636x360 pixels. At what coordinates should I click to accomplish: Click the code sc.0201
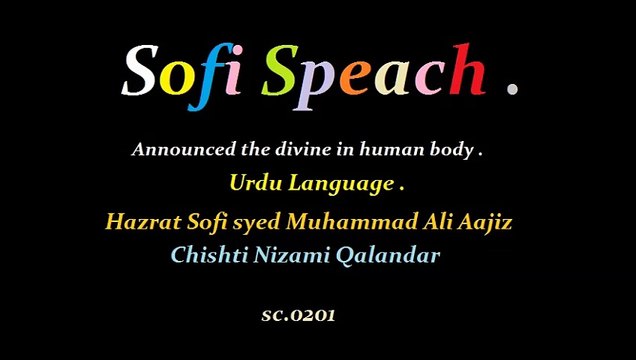[298, 314]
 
